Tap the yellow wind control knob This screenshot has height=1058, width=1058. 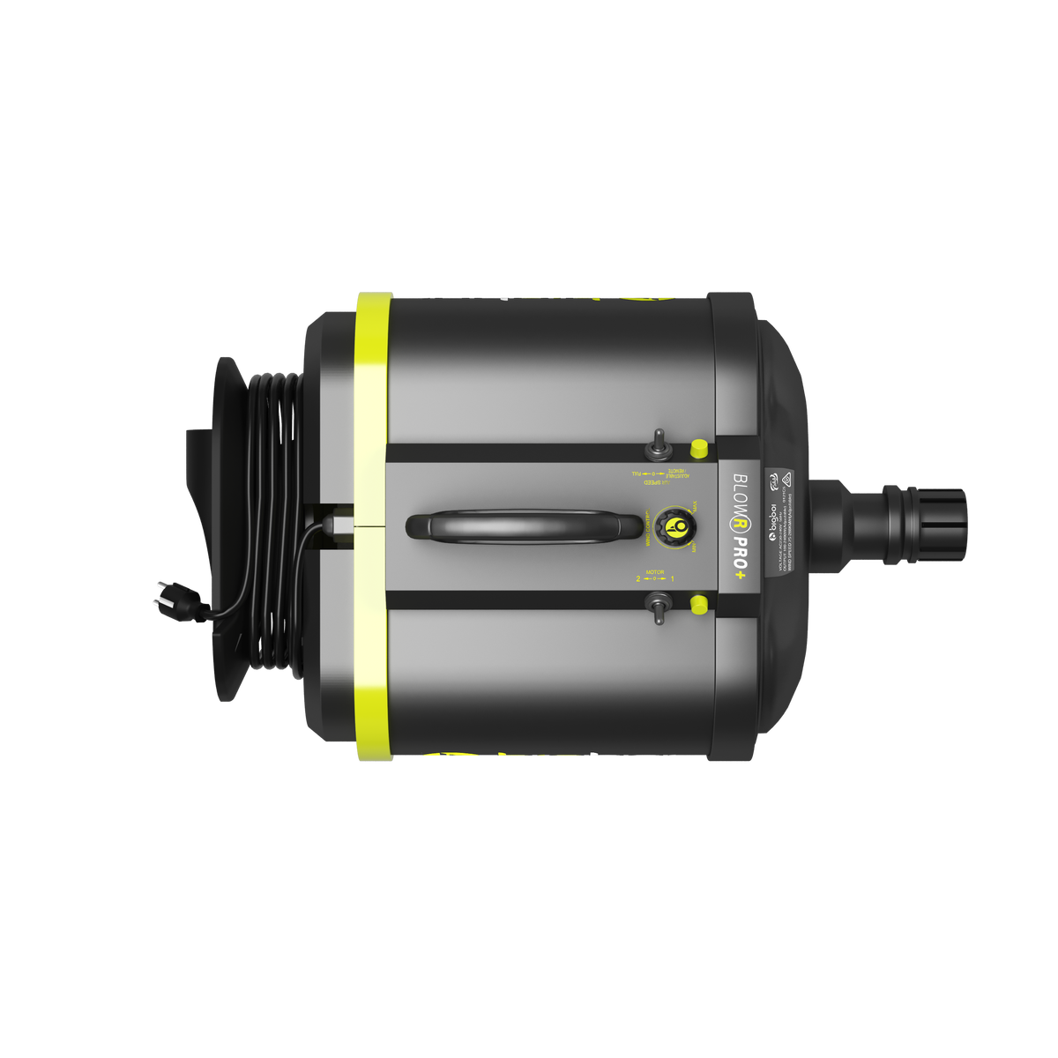(x=677, y=526)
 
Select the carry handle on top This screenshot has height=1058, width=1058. (x=524, y=526)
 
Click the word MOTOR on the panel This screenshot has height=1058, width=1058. (x=655, y=572)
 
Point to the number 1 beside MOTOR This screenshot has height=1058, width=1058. (x=673, y=579)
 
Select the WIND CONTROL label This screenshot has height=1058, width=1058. (x=648, y=526)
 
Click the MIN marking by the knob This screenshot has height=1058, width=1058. (x=695, y=548)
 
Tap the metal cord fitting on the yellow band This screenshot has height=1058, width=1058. (x=335, y=526)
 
